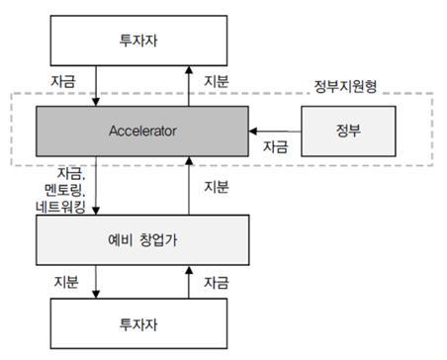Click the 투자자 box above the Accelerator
pyautogui.click(x=142, y=41)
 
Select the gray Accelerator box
pyautogui.click(x=142, y=130)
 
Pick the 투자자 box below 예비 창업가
pyautogui.click(x=142, y=323)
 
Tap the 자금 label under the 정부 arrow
pyautogui.click(x=275, y=147)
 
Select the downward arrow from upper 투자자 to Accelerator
pyautogui.click(x=96, y=86)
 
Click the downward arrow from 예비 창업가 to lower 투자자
pyautogui.click(x=96, y=282)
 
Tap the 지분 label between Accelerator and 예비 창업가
pyautogui.click(x=216, y=186)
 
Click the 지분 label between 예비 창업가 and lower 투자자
pyautogui.click(x=68, y=282)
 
